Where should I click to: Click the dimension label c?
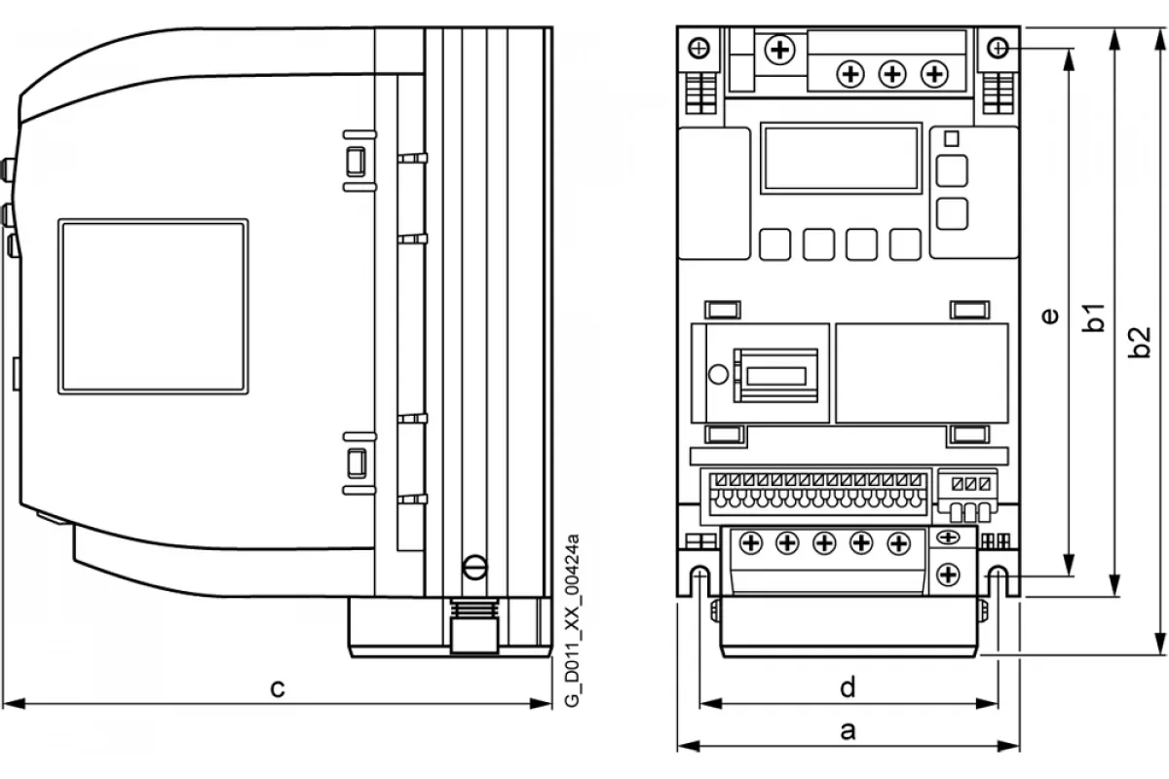click(x=277, y=688)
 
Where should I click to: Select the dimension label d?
click(x=848, y=686)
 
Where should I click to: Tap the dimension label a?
click(x=848, y=731)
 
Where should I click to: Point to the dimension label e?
click(x=1050, y=315)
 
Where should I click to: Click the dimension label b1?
click(x=1094, y=317)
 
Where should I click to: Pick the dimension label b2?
click(x=1139, y=343)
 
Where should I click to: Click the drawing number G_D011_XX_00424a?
click(x=572, y=620)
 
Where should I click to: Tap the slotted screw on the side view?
click(x=475, y=567)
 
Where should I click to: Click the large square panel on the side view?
click(x=154, y=307)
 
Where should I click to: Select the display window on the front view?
click(x=842, y=158)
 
